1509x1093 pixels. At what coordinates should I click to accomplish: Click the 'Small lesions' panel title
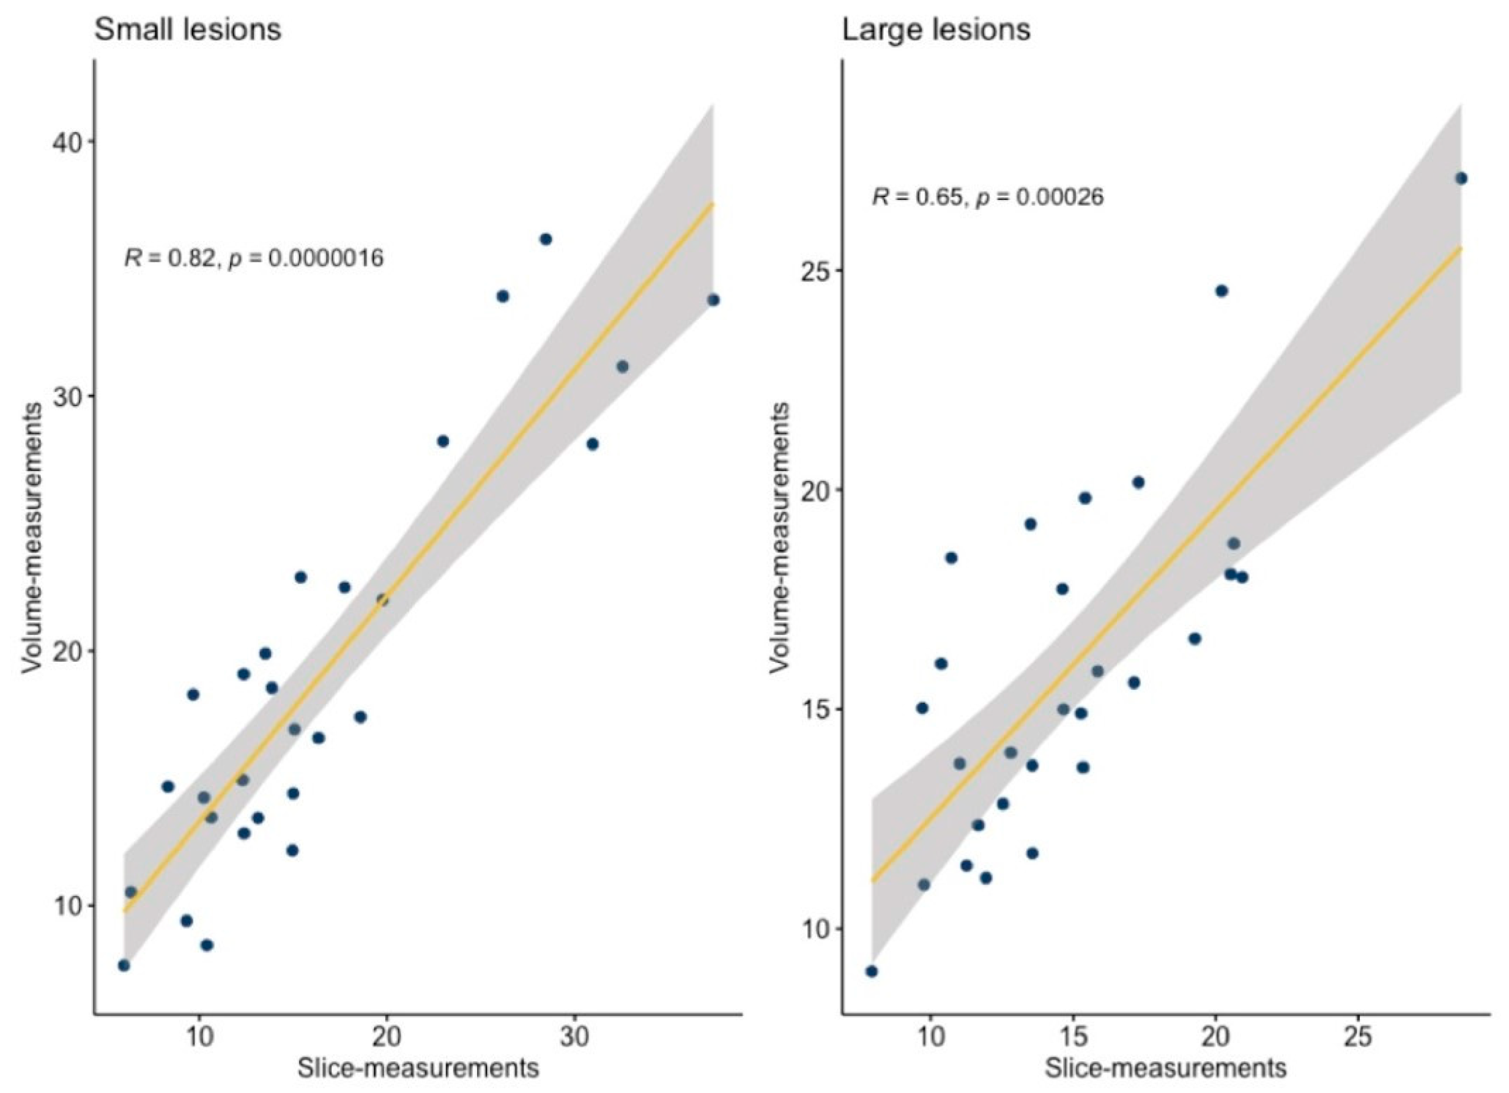(188, 30)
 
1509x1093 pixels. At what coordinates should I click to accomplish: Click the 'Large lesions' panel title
(936, 30)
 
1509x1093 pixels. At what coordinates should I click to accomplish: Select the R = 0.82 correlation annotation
(254, 258)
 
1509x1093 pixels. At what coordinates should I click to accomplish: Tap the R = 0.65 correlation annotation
(988, 197)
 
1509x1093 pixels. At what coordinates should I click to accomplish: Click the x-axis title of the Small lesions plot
(418, 1069)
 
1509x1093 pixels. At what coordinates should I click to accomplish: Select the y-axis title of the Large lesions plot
(780, 537)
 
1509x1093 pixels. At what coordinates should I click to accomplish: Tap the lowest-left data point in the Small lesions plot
(124, 965)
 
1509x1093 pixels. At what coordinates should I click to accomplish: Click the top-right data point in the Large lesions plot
(1461, 178)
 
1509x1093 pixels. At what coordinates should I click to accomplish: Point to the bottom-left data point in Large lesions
(872, 971)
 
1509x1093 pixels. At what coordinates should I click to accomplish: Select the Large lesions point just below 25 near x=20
(1222, 291)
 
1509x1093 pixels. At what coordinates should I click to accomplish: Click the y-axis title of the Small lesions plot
(32, 537)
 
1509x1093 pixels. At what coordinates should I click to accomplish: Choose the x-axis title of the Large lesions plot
(1165, 1069)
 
